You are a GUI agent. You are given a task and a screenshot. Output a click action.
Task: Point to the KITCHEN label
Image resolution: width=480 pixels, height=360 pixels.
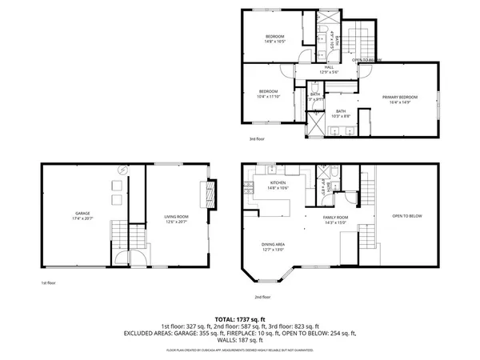278,184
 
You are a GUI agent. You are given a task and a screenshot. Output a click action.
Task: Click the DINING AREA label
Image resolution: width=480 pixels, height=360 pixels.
273,245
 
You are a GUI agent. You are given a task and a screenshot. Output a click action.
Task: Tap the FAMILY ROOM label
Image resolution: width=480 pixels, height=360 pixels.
335,217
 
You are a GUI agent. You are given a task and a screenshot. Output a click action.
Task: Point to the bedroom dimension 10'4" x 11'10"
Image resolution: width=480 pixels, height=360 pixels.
269,98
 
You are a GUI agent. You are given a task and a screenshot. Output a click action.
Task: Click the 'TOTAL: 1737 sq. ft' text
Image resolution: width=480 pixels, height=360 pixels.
240,320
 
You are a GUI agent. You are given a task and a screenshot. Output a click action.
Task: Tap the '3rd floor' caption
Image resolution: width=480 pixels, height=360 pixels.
255,139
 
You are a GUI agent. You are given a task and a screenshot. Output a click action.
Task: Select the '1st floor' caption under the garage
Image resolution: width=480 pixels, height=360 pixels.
48,282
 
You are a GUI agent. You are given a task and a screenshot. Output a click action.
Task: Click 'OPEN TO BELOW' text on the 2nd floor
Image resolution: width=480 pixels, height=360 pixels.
406,217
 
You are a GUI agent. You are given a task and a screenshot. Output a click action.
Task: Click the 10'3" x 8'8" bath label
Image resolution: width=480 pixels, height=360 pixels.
341,114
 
